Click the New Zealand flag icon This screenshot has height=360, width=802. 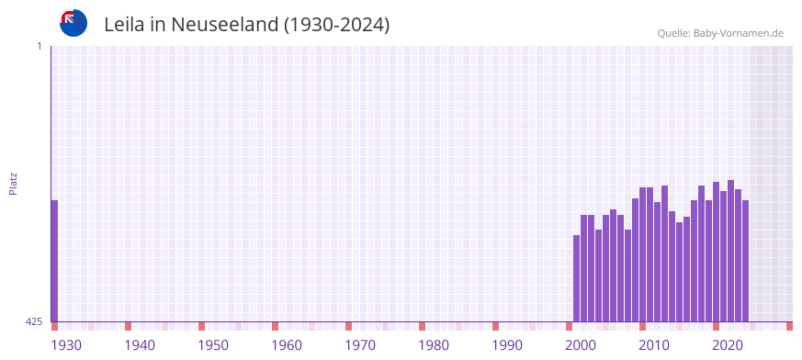[x=73, y=23]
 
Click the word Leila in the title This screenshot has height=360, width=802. [x=125, y=25]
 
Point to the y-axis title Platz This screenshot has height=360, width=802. [x=13, y=183]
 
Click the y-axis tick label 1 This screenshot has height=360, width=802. [x=39, y=46]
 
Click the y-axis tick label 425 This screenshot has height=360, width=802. [x=34, y=321]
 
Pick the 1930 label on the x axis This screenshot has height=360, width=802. [x=66, y=345]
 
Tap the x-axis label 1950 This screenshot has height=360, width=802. [x=213, y=345]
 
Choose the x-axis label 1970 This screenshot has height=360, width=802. [x=360, y=345]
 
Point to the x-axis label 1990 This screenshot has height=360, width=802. [x=507, y=345]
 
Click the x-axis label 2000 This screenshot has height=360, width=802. [x=581, y=345]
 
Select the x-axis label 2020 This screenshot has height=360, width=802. [x=728, y=345]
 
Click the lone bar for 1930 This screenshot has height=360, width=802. [x=54, y=261]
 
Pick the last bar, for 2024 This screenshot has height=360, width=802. [x=745, y=261]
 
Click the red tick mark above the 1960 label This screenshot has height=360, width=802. [x=275, y=326]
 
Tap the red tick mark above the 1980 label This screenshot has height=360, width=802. [x=422, y=326]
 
